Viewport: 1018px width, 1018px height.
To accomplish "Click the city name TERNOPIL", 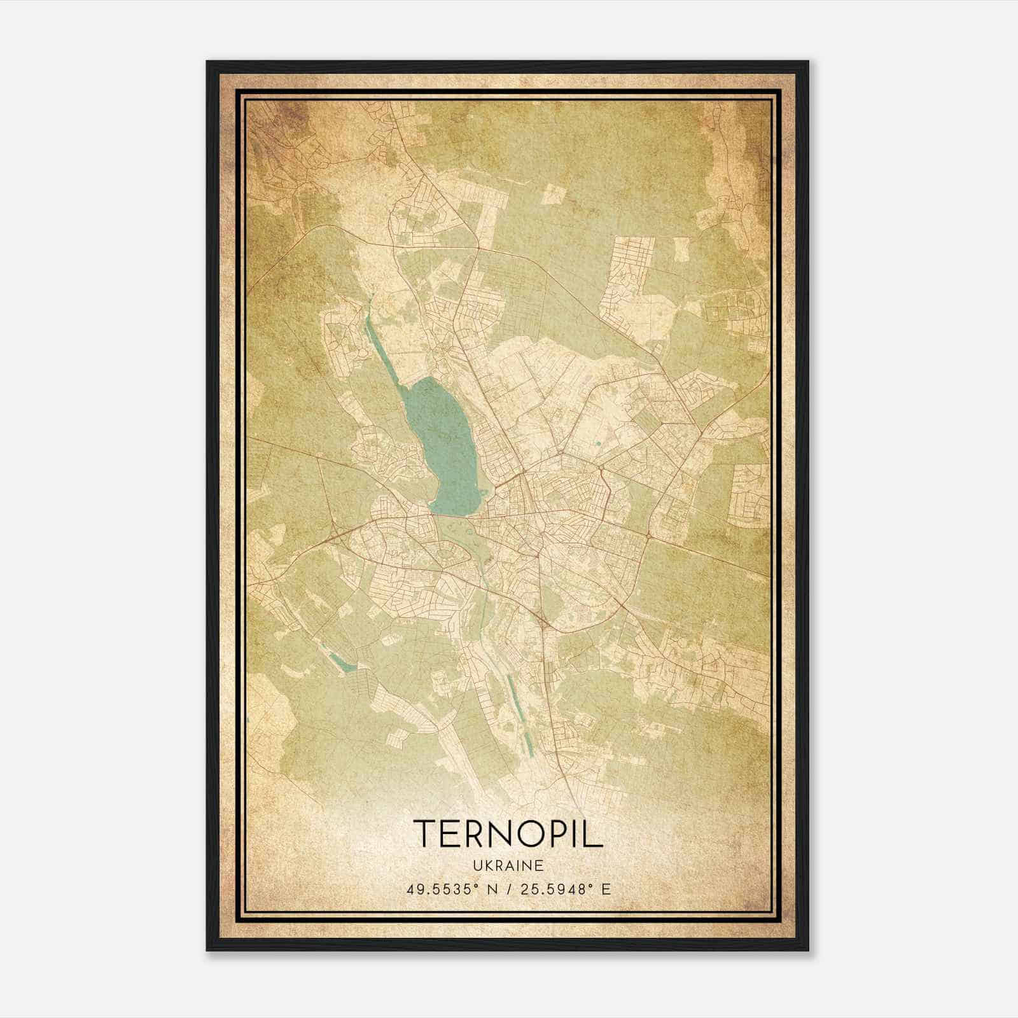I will tap(508, 833).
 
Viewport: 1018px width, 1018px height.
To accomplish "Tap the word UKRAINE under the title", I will tap(508, 866).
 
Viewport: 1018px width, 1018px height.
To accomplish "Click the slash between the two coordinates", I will tap(508, 889).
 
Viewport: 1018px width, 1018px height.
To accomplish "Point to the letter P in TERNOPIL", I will tap(555, 833).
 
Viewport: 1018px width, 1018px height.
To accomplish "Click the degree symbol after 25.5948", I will tap(594, 884).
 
